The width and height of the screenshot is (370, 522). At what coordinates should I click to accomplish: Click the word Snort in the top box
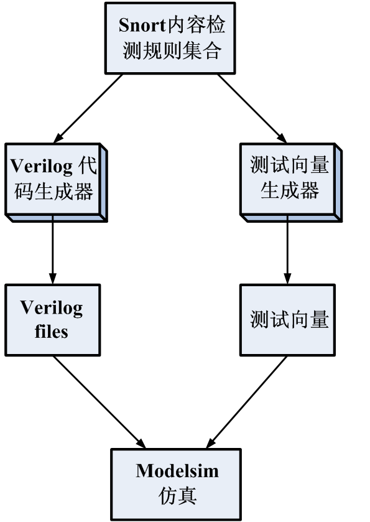coord(142,25)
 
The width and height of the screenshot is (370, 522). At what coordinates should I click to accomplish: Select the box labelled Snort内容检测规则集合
coord(170,38)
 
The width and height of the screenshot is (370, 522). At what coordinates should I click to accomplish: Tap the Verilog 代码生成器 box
coord(56,183)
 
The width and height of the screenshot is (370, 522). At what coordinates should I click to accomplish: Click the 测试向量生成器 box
coord(291,183)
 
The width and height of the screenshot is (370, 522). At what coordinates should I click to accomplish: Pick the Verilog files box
coord(53,320)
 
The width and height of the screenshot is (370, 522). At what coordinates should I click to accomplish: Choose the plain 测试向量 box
coord(287,320)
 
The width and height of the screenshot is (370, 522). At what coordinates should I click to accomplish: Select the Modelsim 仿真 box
coord(176,485)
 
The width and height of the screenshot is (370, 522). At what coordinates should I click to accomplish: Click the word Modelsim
coord(177,471)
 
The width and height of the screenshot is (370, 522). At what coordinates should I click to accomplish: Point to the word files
coord(51,332)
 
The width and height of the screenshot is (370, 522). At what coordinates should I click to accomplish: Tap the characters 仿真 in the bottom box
coord(177,496)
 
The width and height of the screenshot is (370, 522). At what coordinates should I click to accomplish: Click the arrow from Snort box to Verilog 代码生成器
coord(88,108)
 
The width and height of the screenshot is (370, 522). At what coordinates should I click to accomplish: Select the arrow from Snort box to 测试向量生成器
coord(252,108)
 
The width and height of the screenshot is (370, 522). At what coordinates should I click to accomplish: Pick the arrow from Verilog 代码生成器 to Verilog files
coord(52,250)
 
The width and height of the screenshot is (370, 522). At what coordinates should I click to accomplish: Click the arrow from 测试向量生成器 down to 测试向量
coord(287,250)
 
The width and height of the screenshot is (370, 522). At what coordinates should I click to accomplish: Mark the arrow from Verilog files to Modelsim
coord(99,402)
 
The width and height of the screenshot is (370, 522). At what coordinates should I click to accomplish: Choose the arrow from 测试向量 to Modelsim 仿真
coord(246,402)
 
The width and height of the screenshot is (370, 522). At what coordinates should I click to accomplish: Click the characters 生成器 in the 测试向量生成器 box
coord(290,191)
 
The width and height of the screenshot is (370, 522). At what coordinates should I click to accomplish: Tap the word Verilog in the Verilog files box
coord(51,308)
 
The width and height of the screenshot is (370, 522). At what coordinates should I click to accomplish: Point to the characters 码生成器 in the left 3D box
coord(53,192)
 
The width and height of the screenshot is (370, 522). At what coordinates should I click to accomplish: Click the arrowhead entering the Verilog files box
coord(52,279)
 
